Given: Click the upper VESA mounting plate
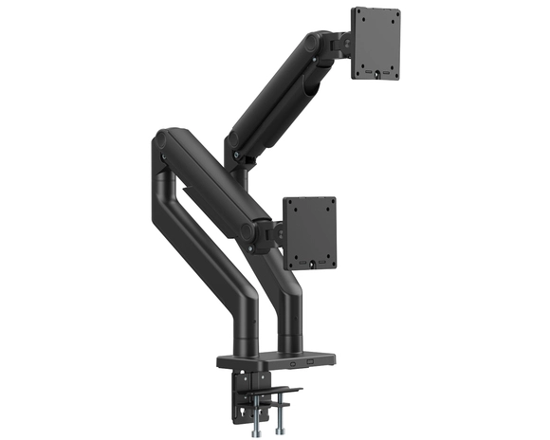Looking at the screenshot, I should [x=376, y=43].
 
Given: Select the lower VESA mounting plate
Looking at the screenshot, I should [x=310, y=232].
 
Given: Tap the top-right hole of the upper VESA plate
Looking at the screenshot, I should [x=391, y=16].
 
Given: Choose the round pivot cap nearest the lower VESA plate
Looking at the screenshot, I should [x=247, y=229].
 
